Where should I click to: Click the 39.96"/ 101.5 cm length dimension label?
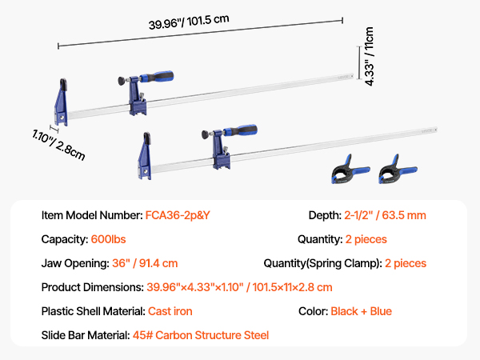click(189, 22)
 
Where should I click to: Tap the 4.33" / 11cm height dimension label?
click(369, 56)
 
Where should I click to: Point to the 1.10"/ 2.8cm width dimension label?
click(58, 145)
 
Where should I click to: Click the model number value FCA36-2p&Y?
click(178, 215)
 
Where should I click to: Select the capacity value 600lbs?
click(108, 239)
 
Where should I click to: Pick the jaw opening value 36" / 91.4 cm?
click(145, 263)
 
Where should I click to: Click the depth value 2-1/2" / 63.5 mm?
click(385, 215)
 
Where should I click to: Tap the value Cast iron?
click(170, 311)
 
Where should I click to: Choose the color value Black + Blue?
click(362, 311)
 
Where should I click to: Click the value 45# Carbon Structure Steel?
click(201, 335)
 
